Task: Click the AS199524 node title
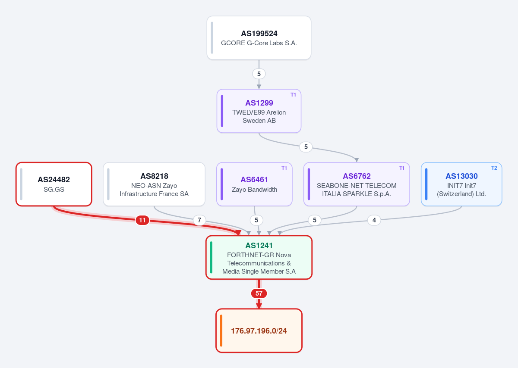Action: [259, 34]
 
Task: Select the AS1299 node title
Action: [259, 103]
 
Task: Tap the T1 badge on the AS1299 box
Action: [293, 95]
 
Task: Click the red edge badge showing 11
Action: [142, 220]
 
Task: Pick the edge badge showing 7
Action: [199, 220]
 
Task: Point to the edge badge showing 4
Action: [374, 220]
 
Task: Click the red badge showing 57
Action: [259, 293]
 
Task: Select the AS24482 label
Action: [54, 179]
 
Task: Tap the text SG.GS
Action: [54, 189]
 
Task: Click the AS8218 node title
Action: [154, 176]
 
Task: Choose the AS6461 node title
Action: [254, 179]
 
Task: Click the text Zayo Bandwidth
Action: [254, 189]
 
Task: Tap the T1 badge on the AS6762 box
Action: [402, 168]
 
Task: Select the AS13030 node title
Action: [461, 176]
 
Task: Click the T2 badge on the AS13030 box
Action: [494, 168]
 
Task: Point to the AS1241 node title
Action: [259, 246]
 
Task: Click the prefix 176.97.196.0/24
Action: [259, 331]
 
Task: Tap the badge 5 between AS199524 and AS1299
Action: [259, 74]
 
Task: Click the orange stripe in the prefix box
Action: [221, 331]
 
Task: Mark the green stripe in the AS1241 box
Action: [211, 257]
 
